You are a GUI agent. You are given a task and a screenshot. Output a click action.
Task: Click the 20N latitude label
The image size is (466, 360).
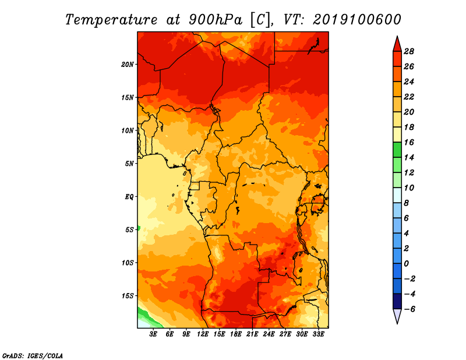(x=128, y=65)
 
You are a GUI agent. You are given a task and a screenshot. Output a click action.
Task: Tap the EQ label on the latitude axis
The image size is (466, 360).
(x=129, y=197)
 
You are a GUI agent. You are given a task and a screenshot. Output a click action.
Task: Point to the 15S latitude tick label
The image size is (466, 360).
(x=128, y=296)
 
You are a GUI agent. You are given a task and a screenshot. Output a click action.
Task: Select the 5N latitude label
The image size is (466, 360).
(x=129, y=164)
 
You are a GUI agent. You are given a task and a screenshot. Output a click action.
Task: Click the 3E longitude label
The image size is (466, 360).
(x=153, y=334)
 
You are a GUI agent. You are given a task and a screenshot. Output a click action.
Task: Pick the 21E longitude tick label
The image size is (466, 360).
(x=252, y=334)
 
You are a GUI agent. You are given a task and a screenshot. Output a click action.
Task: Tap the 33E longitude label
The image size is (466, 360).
(x=318, y=334)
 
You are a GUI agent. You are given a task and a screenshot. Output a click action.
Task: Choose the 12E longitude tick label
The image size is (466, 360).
(x=202, y=334)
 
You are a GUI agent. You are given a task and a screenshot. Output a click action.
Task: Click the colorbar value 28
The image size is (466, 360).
(x=409, y=51)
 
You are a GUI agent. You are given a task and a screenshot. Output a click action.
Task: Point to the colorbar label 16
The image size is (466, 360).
(x=409, y=142)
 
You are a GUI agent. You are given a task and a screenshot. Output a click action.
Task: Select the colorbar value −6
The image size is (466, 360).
(x=409, y=309)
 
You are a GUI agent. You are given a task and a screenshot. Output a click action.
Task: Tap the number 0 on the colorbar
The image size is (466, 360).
(x=406, y=264)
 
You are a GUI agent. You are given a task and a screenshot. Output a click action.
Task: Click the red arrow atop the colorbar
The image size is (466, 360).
(x=397, y=45)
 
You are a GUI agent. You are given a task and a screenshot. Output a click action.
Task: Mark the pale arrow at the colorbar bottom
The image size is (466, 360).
(x=397, y=315)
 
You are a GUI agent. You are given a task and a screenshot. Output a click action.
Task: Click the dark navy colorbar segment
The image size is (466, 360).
(x=397, y=301)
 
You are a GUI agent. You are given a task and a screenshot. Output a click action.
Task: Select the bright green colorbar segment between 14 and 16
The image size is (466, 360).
(x=397, y=150)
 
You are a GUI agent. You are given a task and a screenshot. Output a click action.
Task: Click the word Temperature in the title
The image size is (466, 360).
(x=111, y=20)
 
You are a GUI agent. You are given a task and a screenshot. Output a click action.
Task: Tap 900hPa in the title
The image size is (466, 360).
(x=216, y=20)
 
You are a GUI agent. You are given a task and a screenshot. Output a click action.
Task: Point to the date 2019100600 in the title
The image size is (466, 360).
(x=357, y=20)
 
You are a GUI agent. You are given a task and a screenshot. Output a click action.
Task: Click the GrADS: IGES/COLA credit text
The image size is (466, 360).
(x=33, y=356)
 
